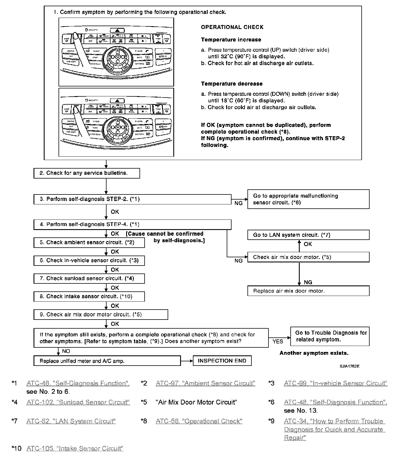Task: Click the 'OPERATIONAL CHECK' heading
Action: tap(232, 27)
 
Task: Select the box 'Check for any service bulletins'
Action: tap(87, 173)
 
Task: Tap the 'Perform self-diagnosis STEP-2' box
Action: tap(132, 199)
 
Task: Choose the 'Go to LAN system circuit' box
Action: tap(308, 235)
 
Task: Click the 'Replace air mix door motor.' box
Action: tap(308, 291)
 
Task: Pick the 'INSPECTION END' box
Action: tap(222, 361)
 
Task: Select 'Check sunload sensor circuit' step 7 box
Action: tap(89, 279)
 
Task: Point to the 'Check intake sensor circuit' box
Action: tap(89, 297)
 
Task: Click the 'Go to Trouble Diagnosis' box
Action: tap(330, 336)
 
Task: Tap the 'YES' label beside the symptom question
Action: tap(278, 341)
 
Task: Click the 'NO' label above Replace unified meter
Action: tap(66, 351)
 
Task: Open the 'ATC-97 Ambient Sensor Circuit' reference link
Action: tap(205, 383)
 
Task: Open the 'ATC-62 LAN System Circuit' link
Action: tap(71, 421)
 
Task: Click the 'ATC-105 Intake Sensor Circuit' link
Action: tap(75, 448)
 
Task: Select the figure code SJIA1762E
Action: tap(349, 366)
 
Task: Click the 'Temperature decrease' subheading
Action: tap(232, 84)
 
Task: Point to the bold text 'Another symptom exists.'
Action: tap(314, 353)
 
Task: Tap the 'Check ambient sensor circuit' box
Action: tap(89, 242)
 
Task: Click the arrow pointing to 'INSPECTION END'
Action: tap(187, 361)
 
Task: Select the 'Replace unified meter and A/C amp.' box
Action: tap(107, 361)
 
